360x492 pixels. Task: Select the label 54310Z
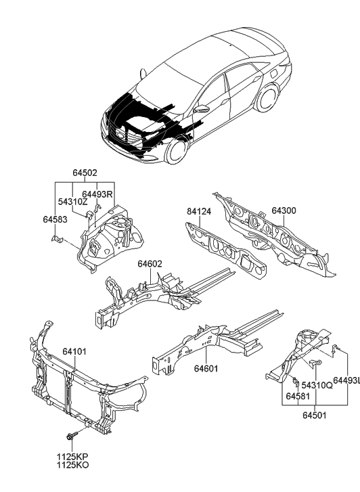coord(72,202)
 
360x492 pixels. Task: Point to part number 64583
coord(55,219)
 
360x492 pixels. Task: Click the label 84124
coord(200,211)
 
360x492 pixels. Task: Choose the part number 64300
coord(285,210)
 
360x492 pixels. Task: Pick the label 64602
coord(151,264)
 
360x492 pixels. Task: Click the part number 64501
coord(315,414)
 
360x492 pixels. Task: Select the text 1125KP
coord(72,457)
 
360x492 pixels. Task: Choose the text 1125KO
coord(72,466)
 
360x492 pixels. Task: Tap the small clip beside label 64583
coord(58,239)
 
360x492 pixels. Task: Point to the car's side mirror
coord(201,108)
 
